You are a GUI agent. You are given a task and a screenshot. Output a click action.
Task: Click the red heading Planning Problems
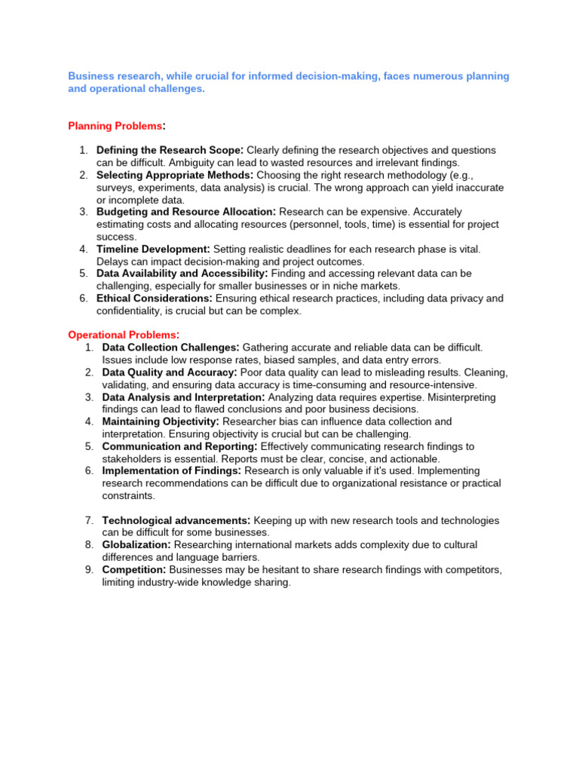coord(115,126)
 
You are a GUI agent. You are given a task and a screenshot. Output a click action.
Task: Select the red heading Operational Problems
coord(124,335)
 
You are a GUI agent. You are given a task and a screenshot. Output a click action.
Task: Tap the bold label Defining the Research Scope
coord(170,151)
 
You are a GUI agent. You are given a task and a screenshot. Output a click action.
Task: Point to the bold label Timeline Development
coord(154,249)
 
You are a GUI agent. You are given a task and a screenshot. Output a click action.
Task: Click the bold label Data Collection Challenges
coord(171,348)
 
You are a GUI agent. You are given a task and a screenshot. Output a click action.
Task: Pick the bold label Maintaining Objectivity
coord(161,421)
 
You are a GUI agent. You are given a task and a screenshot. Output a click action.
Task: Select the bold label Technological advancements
coord(176,520)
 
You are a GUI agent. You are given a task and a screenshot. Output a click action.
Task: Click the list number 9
coord(88,569)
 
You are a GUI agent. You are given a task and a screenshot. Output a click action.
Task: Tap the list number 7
coord(88,520)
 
